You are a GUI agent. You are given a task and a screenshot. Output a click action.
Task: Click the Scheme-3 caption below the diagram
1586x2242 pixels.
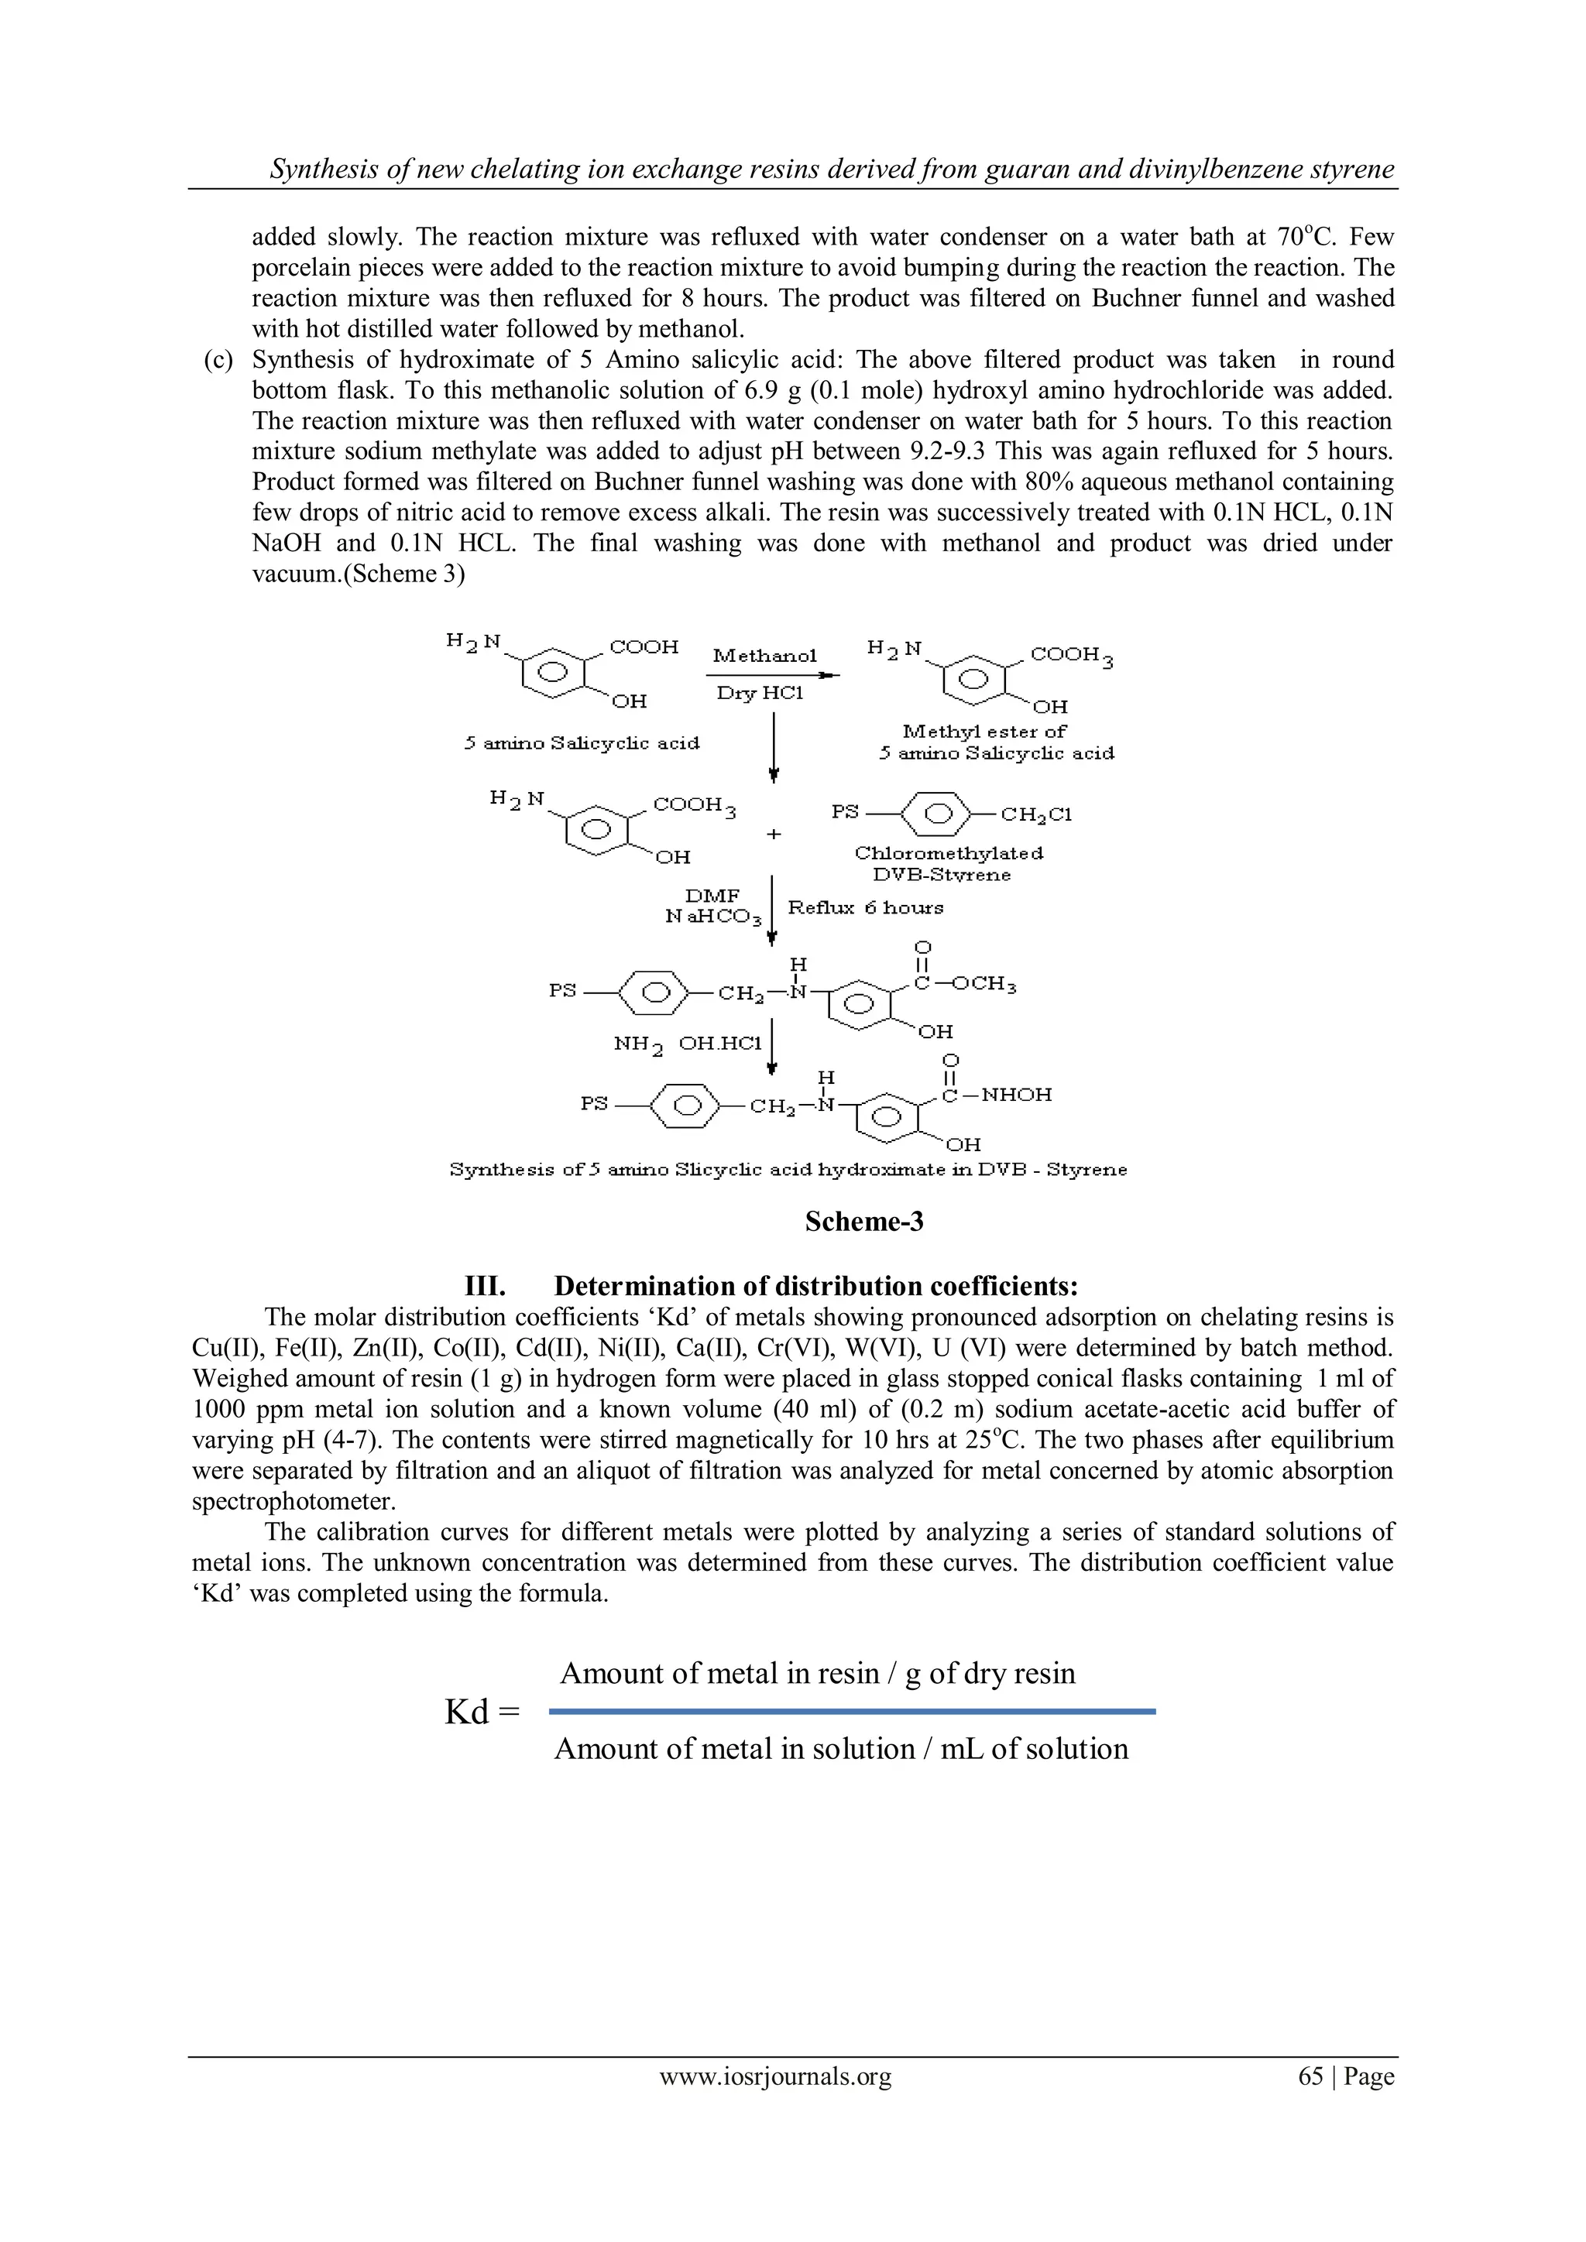point(863,1222)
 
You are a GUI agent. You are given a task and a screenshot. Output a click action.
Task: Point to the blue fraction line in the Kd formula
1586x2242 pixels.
point(852,1711)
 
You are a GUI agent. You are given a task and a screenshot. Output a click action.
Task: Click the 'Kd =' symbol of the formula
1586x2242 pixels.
point(482,1712)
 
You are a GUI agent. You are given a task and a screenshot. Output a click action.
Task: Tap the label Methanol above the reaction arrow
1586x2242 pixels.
point(764,655)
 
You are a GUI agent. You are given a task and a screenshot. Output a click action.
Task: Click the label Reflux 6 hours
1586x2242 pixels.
point(865,907)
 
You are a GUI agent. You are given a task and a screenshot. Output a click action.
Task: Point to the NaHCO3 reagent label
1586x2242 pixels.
point(706,917)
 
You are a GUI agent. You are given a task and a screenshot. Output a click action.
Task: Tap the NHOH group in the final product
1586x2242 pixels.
point(1016,1095)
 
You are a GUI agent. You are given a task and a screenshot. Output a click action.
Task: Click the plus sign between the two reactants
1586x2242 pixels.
point(774,835)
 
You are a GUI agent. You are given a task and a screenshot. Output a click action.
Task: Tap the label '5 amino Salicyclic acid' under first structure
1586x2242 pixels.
point(582,743)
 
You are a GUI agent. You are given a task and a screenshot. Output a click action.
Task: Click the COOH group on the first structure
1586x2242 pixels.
point(644,646)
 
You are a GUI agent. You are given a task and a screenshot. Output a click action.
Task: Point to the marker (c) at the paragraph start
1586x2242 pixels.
point(218,359)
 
